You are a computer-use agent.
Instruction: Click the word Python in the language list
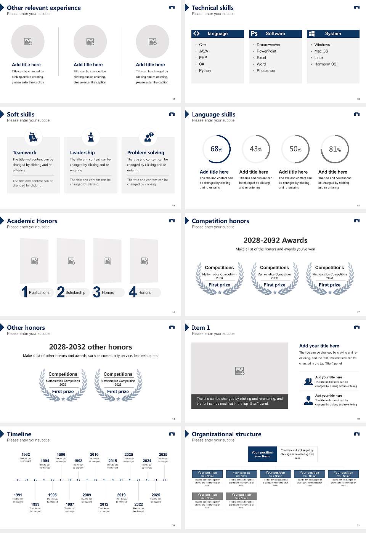[x=205, y=71]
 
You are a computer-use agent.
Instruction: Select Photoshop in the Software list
[x=266, y=71]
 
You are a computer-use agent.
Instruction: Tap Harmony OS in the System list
[x=325, y=64]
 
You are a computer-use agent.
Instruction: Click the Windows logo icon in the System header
[x=311, y=34]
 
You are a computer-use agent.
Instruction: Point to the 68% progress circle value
[x=216, y=149]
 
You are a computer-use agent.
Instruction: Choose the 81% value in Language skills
[x=335, y=149]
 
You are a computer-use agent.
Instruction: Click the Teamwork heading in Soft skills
[x=24, y=153]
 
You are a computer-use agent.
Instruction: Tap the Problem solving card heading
[x=146, y=153]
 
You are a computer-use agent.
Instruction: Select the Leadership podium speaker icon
[x=91, y=137]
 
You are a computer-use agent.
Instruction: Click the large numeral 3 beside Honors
[x=96, y=292]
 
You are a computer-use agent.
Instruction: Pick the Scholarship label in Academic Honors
[x=75, y=293]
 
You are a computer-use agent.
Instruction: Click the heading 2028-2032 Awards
[x=275, y=241]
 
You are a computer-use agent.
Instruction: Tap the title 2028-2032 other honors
[x=90, y=347]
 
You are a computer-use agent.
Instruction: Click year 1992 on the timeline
[x=26, y=455]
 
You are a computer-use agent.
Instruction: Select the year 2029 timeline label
[x=163, y=455]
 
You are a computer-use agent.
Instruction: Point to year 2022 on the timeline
[x=138, y=504]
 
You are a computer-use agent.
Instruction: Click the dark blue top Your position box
[x=262, y=454]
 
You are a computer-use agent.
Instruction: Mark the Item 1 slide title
[x=201, y=328]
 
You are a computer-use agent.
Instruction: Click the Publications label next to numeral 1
[x=39, y=293]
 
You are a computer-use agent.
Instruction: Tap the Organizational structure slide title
[x=226, y=434]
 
